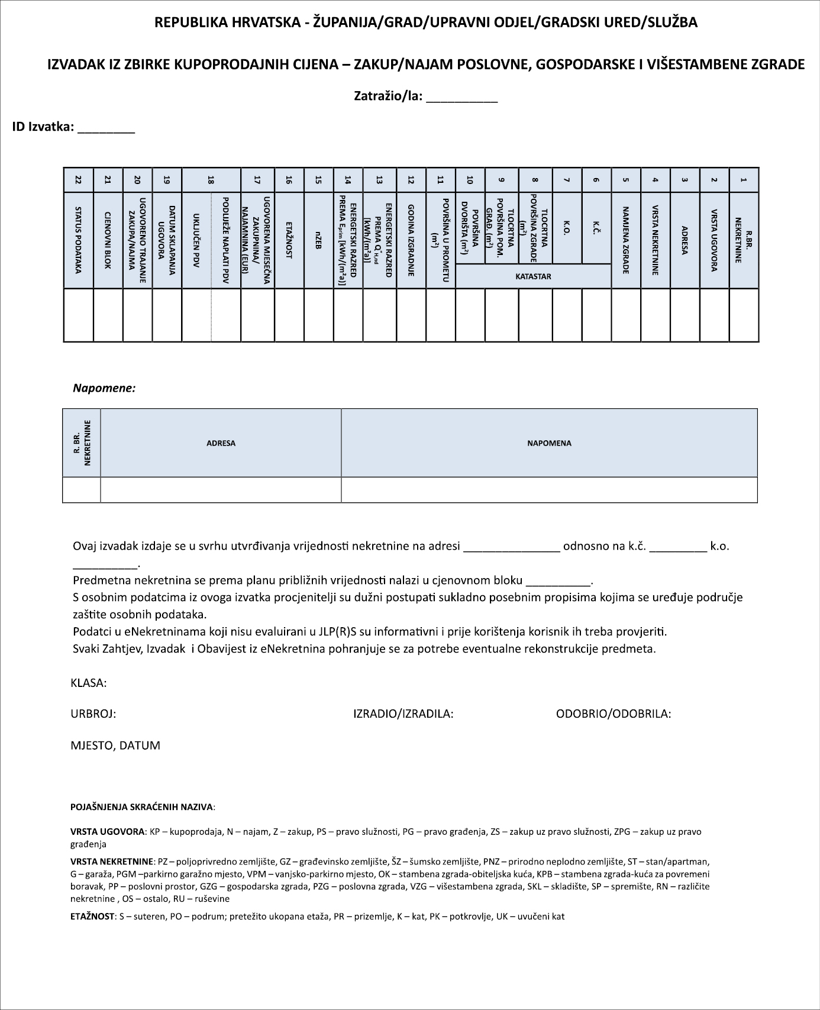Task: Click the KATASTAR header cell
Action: pos(533,276)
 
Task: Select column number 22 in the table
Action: pos(78,180)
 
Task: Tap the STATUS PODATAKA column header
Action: pos(78,240)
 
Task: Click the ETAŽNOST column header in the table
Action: pos(289,240)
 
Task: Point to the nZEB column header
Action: pos(318,240)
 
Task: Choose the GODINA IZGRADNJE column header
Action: pos(411,240)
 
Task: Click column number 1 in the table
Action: pos(744,180)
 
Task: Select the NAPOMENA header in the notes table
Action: pos(549,443)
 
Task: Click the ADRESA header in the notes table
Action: pos(221,443)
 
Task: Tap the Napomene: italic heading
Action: pos(104,389)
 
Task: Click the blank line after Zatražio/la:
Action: pos(461,98)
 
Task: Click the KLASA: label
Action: pos(89,683)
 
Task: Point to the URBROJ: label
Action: pos(93,714)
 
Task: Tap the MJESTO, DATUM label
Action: pos(115,746)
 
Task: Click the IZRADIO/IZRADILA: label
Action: pos(403,714)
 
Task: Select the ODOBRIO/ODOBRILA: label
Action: pos(614,714)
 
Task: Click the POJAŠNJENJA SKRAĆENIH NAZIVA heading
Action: pos(143,807)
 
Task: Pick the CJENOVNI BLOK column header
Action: pos(108,240)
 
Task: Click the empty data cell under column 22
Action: pos(78,315)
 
